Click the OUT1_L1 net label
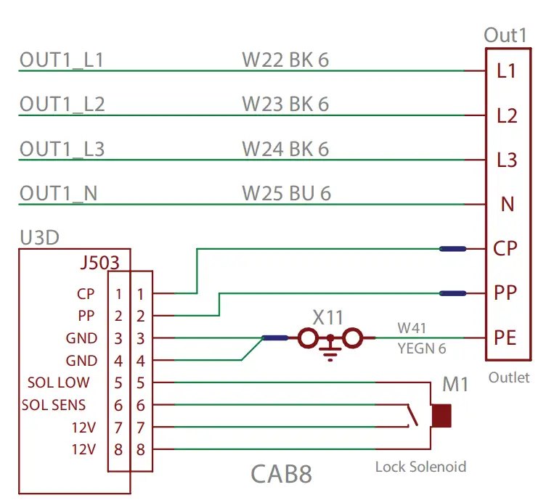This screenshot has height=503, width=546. pos(61,60)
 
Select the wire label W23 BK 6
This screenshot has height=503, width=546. pos(285,105)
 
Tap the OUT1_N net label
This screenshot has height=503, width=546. pos(58,194)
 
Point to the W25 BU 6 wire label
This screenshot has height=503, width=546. pos(286,194)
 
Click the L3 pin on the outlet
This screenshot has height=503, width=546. pos(507,160)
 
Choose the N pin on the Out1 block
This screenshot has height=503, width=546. pos(508,204)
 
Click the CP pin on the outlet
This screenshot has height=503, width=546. pos(505,249)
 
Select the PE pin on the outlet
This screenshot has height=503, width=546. pos(505,338)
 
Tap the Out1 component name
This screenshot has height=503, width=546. pos(505,36)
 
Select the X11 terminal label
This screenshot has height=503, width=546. pos(328,316)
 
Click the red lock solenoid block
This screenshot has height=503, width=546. pos(441,416)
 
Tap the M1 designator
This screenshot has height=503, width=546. pos(456,385)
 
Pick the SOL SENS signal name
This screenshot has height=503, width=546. pos(54,405)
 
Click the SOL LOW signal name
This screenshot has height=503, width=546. pos(58,383)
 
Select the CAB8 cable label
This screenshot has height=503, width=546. pos(281,474)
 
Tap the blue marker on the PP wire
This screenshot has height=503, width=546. pos(453,293)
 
